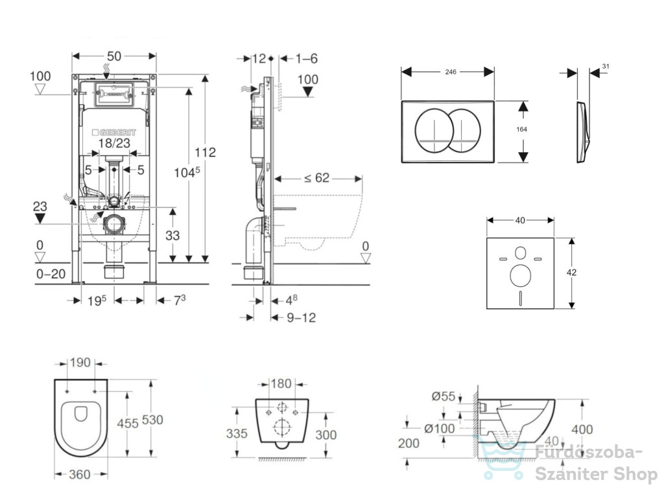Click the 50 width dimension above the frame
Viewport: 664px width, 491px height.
pyautogui.click(x=114, y=56)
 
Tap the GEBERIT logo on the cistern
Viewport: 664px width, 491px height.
pyautogui.click(x=114, y=133)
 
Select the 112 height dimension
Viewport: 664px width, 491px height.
pyautogui.click(x=206, y=152)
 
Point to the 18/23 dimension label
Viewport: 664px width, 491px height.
pyautogui.click(x=114, y=143)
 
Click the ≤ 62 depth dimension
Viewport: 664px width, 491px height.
pyautogui.click(x=316, y=177)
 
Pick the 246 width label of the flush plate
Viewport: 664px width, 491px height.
pyautogui.click(x=451, y=72)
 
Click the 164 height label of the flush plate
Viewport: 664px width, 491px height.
pyautogui.click(x=522, y=130)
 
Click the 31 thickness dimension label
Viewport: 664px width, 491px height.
pyautogui.click(x=606, y=67)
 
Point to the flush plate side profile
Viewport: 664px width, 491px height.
pyautogui.click(x=582, y=131)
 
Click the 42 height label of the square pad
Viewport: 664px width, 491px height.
pyautogui.click(x=571, y=272)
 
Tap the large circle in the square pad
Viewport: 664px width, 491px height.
pyautogui.click(x=521, y=275)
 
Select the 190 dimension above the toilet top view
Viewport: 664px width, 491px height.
pyautogui.click(x=80, y=363)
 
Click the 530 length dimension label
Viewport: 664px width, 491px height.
pyautogui.click(x=152, y=420)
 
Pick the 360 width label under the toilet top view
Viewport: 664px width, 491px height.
pyautogui.click(x=80, y=475)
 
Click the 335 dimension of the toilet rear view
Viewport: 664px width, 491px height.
pyautogui.click(x=237, y=433)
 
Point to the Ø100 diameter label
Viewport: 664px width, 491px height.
pyautogui.click(x=440, y=428)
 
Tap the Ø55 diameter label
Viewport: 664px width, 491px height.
pyautogui.click(x=444, y=396)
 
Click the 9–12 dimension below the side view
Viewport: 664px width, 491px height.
pyautogui.click(x=302, y=317)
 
